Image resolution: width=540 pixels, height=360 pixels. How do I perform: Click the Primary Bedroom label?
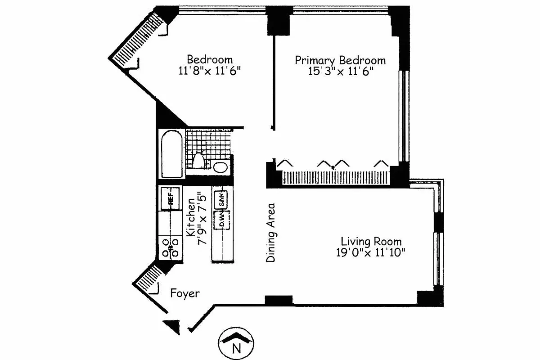coord(340,60)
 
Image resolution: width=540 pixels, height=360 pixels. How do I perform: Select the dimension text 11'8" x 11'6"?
coord(210,70)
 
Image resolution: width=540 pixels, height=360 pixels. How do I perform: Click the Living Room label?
coord(371,241)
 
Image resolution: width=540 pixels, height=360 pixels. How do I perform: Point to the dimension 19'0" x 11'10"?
coord(371,252)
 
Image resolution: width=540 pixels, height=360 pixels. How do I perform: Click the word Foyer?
coord(184,294)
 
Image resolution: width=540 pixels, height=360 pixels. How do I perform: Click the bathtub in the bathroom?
coord(171,154)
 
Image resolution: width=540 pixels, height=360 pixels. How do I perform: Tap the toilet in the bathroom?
coord(199,161)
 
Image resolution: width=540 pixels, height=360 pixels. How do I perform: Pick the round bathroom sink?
coord(220,167)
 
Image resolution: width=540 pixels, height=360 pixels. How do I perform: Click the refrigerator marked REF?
coord(171,198)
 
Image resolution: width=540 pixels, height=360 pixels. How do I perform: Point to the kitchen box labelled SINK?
coord(221,199)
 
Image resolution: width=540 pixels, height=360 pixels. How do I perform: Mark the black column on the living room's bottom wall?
coord(278,301)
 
